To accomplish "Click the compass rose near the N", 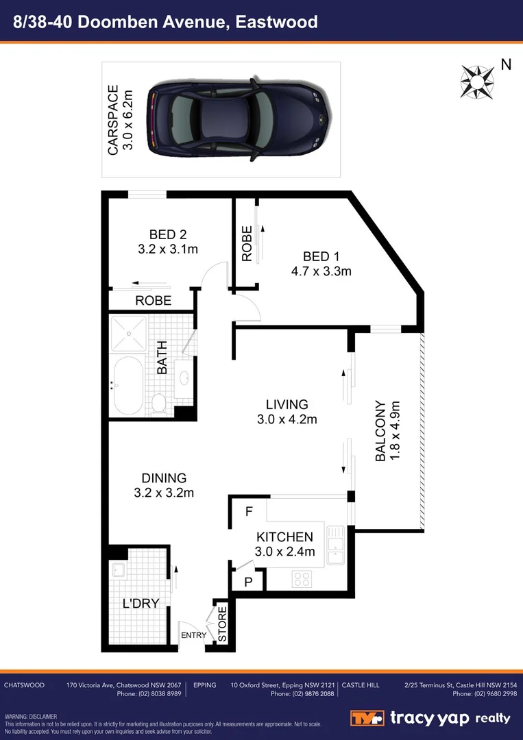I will pyautogui.click(x=477, y=80).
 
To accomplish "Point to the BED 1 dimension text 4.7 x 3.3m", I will pyautogui.click(x=321, y=271).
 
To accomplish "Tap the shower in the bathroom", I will pyautogui.click(x=128, y=333).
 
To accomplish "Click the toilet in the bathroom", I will pyautogui.click(x=158, y=402).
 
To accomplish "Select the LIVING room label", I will pyautogui.click(x=287, y=405).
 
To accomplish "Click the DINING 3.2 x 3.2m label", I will pyautogui.click(x=164, y=485).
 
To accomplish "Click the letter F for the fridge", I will pyautogui.click(x=249, y=512).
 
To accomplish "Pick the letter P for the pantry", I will pyautogui.click(x=248, y=581).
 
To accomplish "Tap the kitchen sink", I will pyautogui.click(x=335, y=545).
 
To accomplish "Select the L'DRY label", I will pyautogui.click(x=141, y=604).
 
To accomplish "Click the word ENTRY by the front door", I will pyautogui.click(x=193, y=635).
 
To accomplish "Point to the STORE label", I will pyautogui.click(x=222, y=623).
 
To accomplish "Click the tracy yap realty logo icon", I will pyautogui.click(x=367, y=718).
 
